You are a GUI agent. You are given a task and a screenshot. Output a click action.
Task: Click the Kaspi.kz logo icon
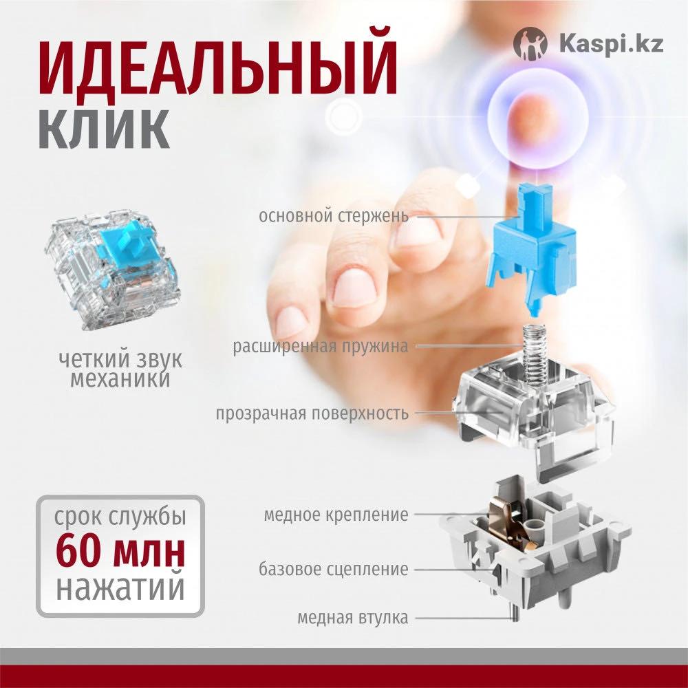pyautogui.click(x=530, y=43)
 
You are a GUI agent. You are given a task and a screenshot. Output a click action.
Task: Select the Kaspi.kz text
pyautogui.click(x=611, y=44)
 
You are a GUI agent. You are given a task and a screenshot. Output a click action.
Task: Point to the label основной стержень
pyautogui.click(x=334, y=216)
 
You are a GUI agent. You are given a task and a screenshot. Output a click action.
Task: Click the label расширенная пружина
pyautogui.click(x=321, y=346)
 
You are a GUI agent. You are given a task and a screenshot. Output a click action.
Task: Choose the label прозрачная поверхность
pyautogui.click(x=312, y=413)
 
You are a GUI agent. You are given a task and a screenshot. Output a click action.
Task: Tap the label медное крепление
pyautogui.click(x=336, y=515)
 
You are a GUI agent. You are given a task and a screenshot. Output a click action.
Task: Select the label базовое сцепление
pyautogui.click(x=334, y=569)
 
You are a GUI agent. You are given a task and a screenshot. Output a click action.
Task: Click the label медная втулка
pyautogui.click(x=353, y=617)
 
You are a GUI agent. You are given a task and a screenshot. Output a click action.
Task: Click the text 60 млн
pyautogui.click(x=120, y=552)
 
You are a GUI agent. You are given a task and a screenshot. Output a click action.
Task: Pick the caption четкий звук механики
pyautogui.click(x=120, y=369)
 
